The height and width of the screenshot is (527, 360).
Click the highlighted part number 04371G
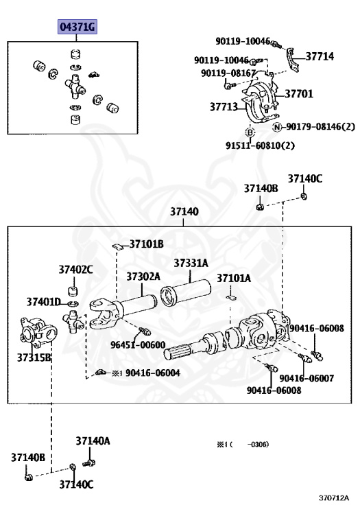(77, 27)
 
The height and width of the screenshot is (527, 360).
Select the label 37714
(320, 56)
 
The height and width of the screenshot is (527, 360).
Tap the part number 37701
(299, 93)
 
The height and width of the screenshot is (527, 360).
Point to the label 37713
(224, 106)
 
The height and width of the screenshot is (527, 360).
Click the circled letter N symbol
(277, 127)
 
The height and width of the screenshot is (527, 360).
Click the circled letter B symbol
(250, 132)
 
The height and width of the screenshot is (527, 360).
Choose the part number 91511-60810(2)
(260, 145)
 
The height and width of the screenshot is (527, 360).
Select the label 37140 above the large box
(184, 211)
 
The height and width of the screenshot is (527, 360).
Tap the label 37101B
(147, 244)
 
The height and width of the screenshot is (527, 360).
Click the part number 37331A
(191, 263)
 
